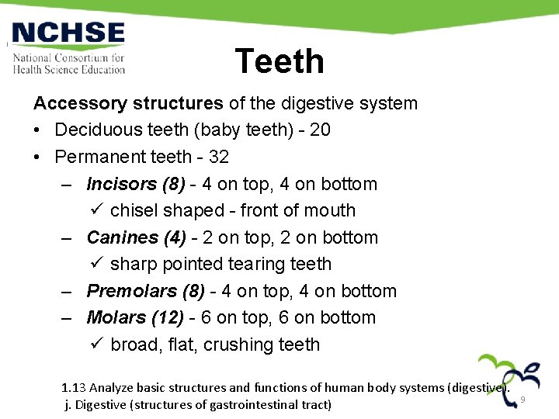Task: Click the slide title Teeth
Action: (279, 61)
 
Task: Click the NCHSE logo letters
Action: (68, 34)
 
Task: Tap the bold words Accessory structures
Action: (128, 103)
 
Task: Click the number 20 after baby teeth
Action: (320, 130)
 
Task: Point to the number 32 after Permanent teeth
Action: (218, 157)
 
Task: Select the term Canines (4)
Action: (134, 237)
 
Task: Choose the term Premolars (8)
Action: (146, 291)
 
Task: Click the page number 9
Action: (523, 399)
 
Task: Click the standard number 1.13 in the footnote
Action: (75, 387)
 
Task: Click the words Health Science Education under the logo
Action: (68, 69)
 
